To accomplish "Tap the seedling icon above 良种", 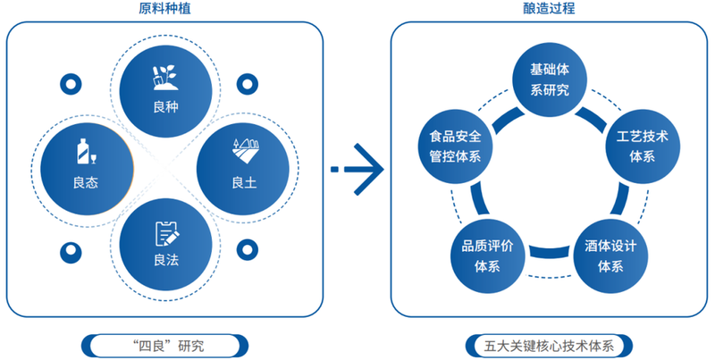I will click(x=165, y=78).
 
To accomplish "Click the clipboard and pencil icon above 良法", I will click(x=165, y=232).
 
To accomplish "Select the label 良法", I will click(x=165, y=262).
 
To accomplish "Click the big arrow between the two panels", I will click(x=357, y=168).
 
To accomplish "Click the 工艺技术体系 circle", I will click(x=642, y=147).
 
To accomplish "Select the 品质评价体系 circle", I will click(x=487, y=255).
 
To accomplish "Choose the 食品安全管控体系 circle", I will click(x=455, y=147).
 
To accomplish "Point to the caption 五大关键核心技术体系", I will click(x=549, y=345).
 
